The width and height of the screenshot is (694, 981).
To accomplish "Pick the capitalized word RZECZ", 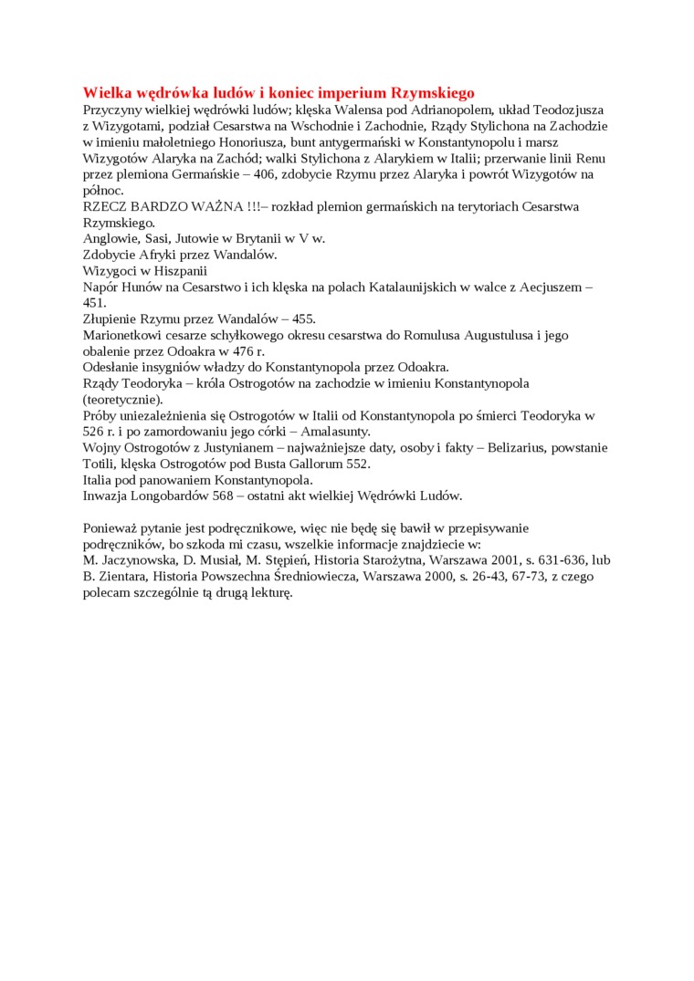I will pyautogui.click(x=103, y=206).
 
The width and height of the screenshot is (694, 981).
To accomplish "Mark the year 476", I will pyautogui.click(x=243, y=351).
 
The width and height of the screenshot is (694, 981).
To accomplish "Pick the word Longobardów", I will pyautogui.click(x=176, y=496).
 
